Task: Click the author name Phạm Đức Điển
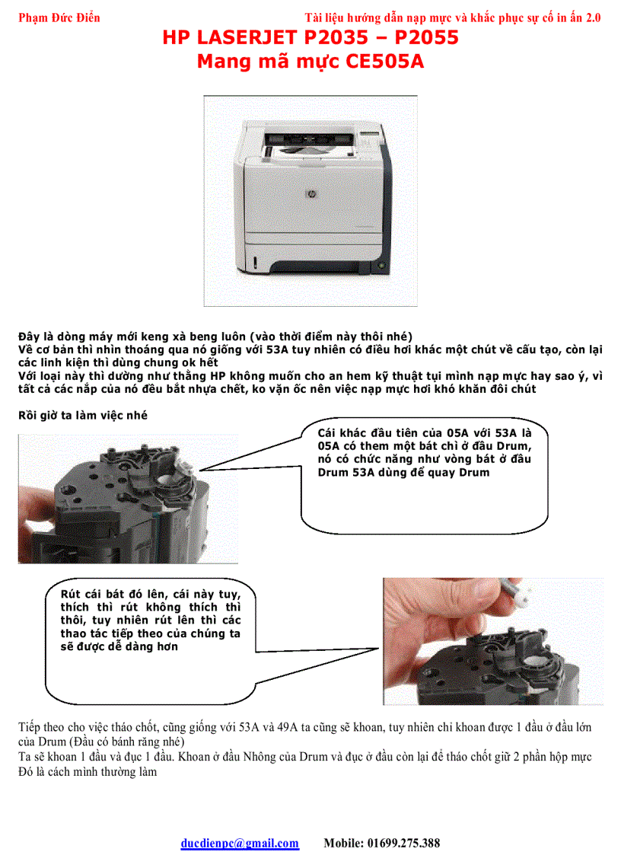click(59, 18)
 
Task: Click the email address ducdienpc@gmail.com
click(240, 843)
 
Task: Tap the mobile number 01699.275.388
click(403, 843)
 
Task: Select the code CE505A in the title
click(384, 62)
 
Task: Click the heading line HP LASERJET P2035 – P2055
click(310, 38)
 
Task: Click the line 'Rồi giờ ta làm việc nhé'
click(83, 415)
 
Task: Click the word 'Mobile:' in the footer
click(344, 843)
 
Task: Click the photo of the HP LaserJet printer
click(310, 200)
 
